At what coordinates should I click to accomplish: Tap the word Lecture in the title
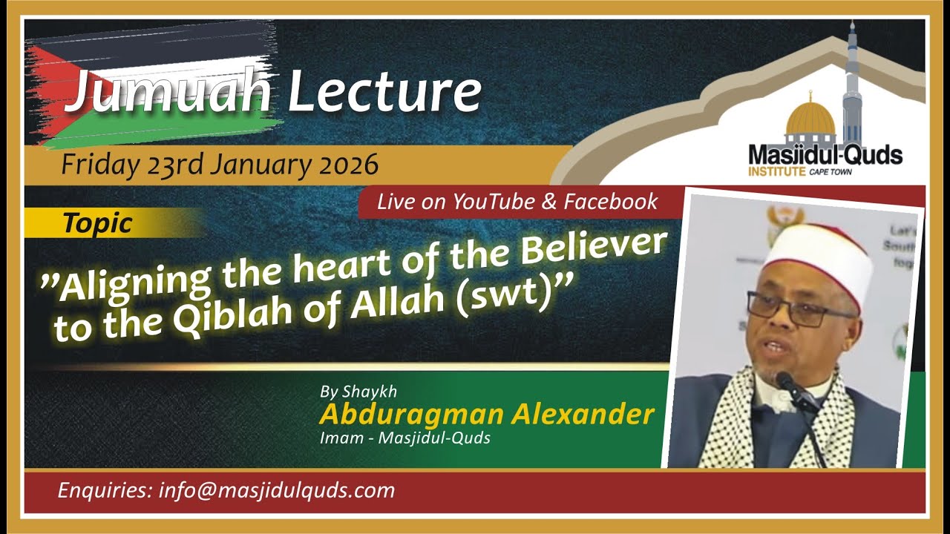point(384,91)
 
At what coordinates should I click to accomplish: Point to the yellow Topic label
point(97,222)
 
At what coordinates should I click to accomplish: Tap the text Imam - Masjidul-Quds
point(404,438)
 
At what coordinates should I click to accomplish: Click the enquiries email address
point(276,490)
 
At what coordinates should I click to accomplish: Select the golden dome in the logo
point(810,119)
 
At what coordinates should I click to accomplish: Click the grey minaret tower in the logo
point(853,82)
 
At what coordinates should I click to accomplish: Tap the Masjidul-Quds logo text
point(825,155)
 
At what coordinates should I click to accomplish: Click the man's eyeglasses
point(798,309)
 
